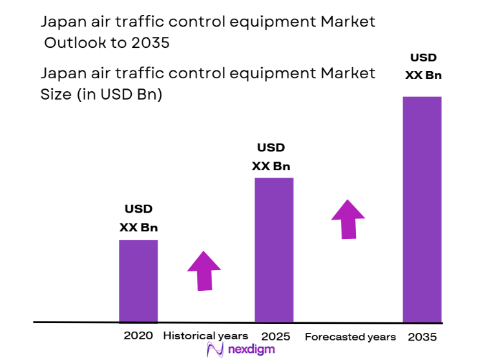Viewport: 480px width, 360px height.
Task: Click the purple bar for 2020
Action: tap(138, 281)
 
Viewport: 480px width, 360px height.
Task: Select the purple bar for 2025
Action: tap(274, 249)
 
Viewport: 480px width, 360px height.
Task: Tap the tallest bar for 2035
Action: tap(423, 209)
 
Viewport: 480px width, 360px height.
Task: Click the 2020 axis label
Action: tap(138, 336)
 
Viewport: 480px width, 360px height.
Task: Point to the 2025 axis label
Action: tap(276, 337)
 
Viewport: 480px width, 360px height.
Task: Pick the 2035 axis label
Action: tap(423, 337)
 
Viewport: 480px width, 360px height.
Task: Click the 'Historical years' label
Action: tap(205, 336)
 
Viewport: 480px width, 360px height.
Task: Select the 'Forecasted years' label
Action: tap(350, 337)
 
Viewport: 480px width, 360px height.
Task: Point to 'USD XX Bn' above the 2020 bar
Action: tap(138, 218)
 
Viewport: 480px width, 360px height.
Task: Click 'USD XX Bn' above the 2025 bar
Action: tap(271, 157)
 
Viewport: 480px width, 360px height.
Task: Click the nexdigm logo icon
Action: tap(214, 350)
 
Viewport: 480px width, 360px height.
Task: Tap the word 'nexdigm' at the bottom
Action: tap(251, 350)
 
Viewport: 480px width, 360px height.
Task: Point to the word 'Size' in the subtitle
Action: tap(56, 94)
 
